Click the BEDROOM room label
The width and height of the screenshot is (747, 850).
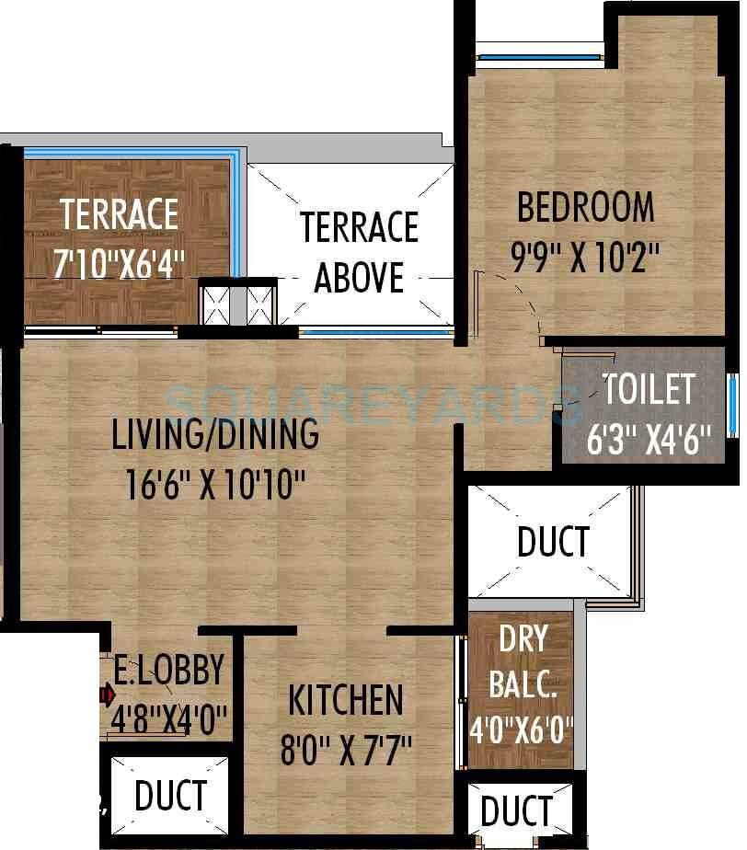pos(586,207)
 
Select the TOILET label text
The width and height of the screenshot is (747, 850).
pos(649,390)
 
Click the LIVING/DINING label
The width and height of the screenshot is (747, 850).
pos(215,434)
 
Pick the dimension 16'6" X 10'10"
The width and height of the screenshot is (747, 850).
pos(216,484)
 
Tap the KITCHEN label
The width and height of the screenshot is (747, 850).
pos(346,700)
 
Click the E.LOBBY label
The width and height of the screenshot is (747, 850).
pos(168,670)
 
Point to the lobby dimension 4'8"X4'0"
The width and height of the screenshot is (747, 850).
pos(169,718)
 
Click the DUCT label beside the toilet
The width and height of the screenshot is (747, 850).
pos(552,542)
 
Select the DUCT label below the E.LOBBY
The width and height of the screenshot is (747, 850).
pos(170,796)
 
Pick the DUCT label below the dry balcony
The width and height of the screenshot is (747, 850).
pos(516,811)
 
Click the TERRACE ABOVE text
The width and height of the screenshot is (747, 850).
pos(359,251)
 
